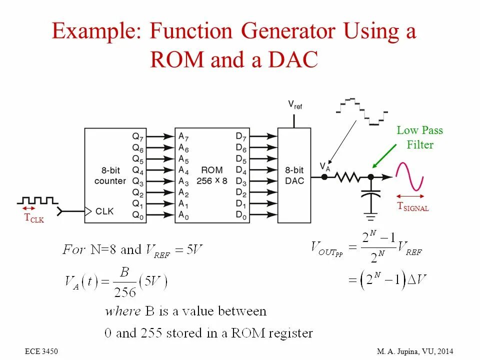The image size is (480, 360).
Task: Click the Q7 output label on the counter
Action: (137, 136)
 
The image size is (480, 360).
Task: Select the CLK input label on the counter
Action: (104, 211)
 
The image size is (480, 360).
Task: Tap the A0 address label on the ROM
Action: (183, 216)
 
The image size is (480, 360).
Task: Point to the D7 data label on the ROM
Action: (241, 136)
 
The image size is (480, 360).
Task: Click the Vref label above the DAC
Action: (294, 105)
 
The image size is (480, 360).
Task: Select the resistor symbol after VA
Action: (347, 176)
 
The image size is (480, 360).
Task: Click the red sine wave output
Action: (410, 176)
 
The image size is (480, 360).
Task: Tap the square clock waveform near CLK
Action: (37, 200)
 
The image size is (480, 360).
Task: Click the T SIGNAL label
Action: (413, 206)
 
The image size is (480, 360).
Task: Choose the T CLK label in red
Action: (34, 218)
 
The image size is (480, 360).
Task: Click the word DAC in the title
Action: (292, 60)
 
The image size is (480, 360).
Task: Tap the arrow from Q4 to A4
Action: (158, 170)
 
